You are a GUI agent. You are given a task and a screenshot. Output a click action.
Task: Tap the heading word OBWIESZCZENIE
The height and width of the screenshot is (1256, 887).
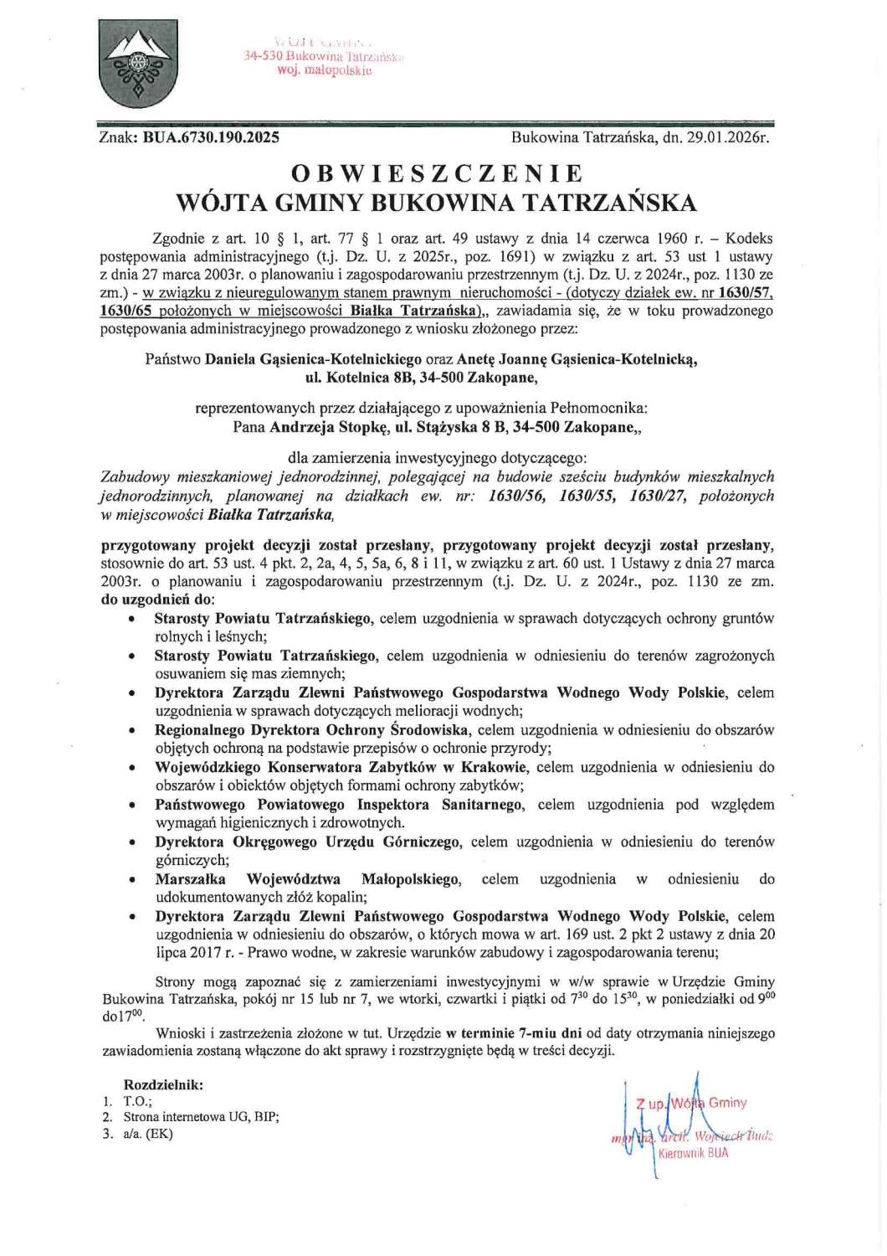pyautogui.click(x=436, y=173)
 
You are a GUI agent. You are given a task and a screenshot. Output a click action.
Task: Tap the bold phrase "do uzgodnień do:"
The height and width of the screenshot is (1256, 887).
pyautogui.click(x=157, y=600)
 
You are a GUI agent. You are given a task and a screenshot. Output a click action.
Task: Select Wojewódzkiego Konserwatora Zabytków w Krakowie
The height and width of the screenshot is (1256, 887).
pyautogui.click(x=341, y=767)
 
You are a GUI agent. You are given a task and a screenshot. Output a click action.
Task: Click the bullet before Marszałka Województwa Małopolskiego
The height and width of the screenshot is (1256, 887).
pyautogui.click(x=132, y=880)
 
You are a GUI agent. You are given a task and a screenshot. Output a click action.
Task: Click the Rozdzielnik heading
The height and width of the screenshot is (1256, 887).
pyautogui.click(x=163, y=1084)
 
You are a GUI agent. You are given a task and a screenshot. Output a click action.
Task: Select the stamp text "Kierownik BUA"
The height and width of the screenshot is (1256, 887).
pyautogui.click(x=693, y=1153)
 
